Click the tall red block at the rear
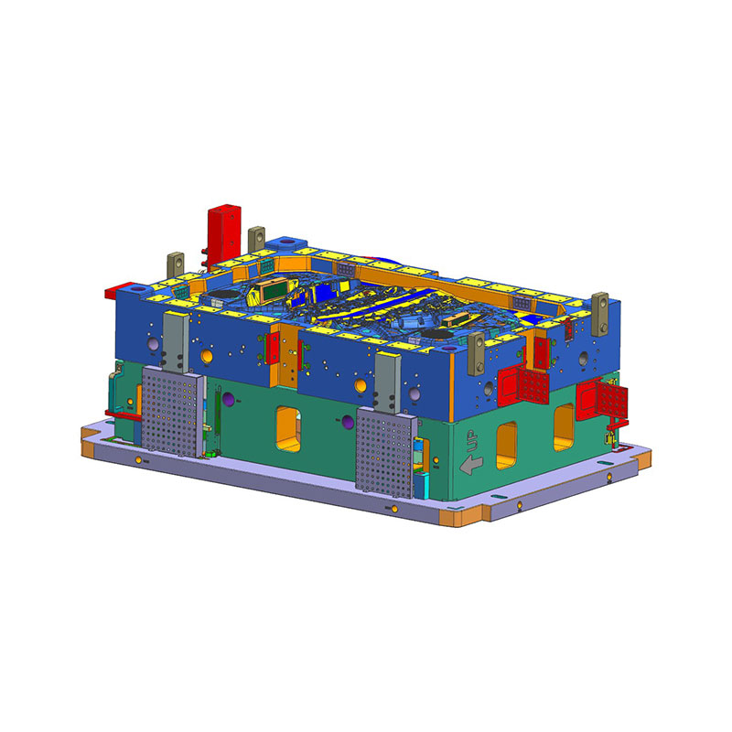pos(224,235)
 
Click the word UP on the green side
pos(472,441)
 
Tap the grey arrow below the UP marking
pos(471,466)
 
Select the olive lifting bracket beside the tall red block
pos(256,239)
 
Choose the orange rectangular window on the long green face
pos(288,429)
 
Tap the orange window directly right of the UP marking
pos(507,445)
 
